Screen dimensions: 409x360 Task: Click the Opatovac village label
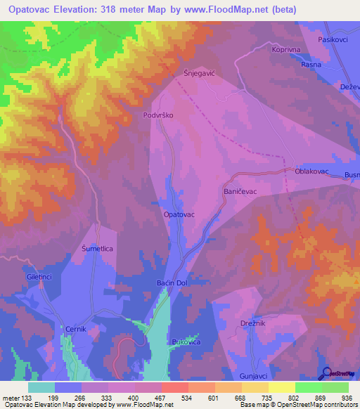(x=179, y=214)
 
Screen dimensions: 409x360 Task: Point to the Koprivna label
(x=286, y=50)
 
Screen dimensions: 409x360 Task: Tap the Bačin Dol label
(x=170, y=283)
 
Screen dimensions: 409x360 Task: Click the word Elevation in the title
(x=86, y=10)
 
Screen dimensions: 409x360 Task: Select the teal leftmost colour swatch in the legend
(x=41, y=387)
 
